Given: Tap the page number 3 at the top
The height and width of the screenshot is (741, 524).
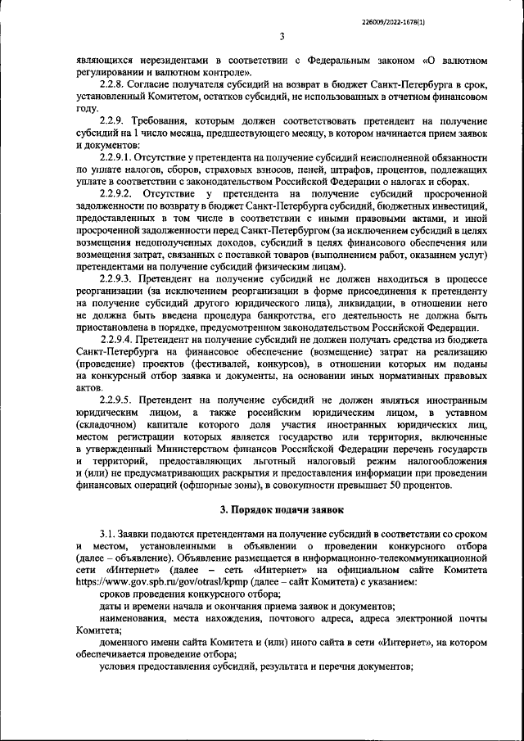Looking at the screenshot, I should [x=281, y=36].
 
